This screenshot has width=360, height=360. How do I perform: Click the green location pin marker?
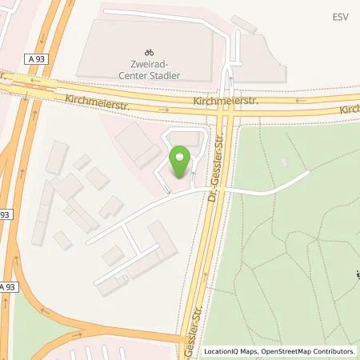[180, 162]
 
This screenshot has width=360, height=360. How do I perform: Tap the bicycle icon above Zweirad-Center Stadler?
[146, 50]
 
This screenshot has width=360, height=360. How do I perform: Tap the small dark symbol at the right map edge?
[357, 277]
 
